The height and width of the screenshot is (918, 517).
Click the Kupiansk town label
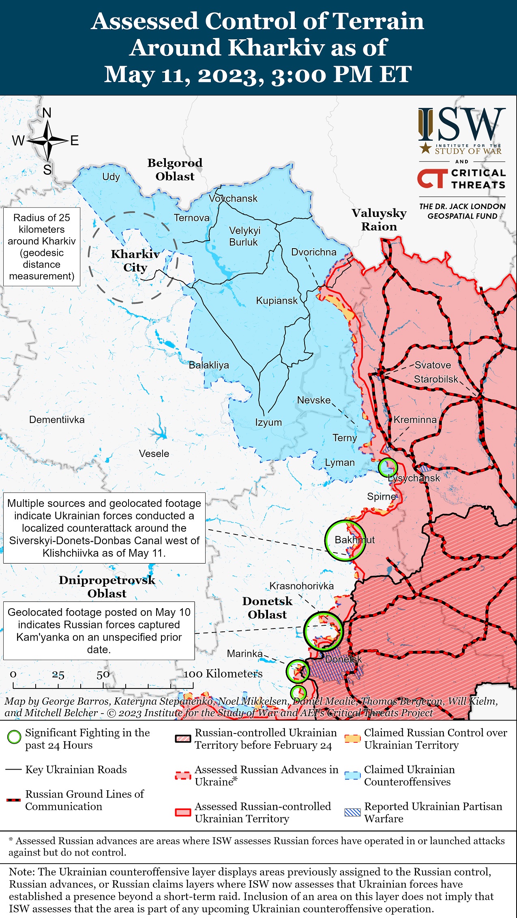[277, 300]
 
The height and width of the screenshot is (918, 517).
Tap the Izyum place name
[268, 422]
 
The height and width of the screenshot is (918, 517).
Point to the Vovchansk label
[233, 198]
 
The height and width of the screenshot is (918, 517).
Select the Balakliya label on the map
[209, 365]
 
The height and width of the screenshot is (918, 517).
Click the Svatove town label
[433, 365]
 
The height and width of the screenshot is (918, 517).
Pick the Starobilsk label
[436, 379]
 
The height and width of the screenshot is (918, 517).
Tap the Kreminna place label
[415, 420]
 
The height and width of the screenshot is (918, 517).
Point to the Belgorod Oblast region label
[175, 169]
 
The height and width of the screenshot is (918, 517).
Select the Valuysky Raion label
[379, 220]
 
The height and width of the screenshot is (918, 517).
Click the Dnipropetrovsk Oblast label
[107, 587]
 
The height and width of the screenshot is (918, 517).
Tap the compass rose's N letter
[47, 113]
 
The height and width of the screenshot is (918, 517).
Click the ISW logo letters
[462, 124]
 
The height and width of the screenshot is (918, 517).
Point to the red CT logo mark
[432, 179]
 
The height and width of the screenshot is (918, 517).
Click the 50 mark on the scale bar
[103, 674]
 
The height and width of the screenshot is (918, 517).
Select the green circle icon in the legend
[14, 737]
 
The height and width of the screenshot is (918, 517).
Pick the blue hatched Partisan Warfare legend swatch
[352, 812]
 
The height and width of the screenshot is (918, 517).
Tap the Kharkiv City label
[135, 261]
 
